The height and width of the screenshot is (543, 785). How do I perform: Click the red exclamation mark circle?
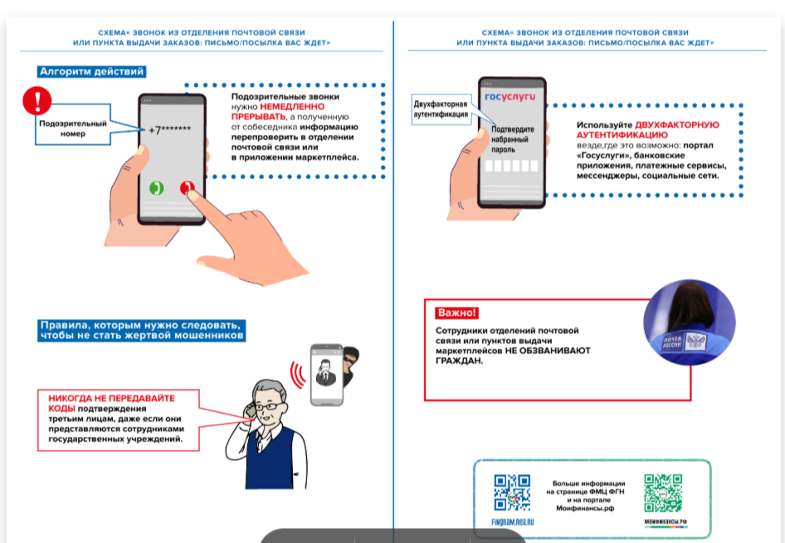37,101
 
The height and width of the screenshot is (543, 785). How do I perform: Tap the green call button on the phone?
155,188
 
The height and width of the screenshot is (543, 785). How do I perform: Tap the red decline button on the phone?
189,188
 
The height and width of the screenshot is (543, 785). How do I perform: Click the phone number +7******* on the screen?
170,129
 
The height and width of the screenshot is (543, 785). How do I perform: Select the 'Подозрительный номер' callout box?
72,128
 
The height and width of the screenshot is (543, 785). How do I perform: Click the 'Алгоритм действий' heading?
92,72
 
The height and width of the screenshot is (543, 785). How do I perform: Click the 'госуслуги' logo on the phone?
510,97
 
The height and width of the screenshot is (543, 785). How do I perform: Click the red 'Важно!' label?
456,313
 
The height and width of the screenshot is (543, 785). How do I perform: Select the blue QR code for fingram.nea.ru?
511,492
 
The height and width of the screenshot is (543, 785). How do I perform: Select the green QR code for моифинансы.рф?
665,492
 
